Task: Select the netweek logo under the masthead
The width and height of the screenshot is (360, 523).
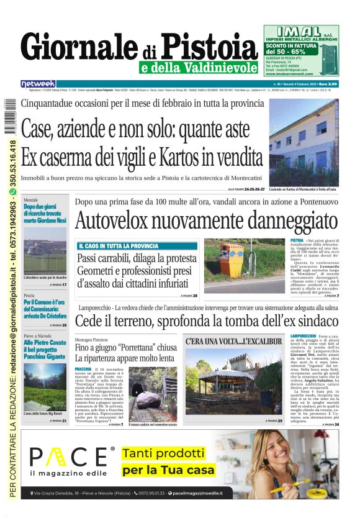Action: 38,83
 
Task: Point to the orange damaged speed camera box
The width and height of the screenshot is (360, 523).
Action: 233,260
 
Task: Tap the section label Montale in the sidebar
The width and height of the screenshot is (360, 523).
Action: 30,200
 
